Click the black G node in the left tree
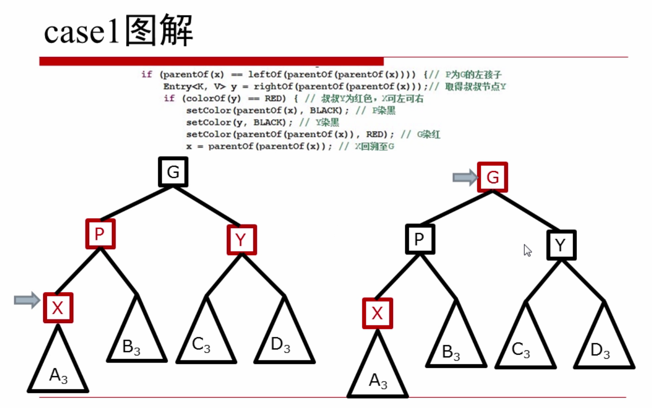[173, 172]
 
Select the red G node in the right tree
[492, 177]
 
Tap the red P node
[100, 234]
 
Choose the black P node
[420, 239]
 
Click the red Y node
[241, 240]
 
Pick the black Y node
[561, 245]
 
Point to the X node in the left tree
[58, 308]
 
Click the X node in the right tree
[377, 313]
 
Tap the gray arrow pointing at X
[27, 300]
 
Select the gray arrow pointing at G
[465, 177]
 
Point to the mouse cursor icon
[528, 250]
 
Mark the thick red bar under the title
[211, 61]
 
